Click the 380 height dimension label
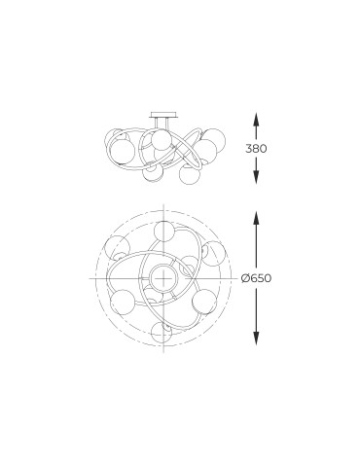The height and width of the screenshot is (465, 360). tap(256, 149)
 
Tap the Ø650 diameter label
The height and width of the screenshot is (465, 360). tap(256, 278)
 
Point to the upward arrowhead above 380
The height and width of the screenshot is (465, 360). tap(256, 121)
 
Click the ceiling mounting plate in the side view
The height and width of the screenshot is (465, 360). tap(163, 115)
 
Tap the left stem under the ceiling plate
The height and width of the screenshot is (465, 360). tap(157, 124)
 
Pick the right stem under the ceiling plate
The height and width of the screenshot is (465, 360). tap(167, 124)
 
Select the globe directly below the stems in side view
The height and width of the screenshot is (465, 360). tap(162, 139)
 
